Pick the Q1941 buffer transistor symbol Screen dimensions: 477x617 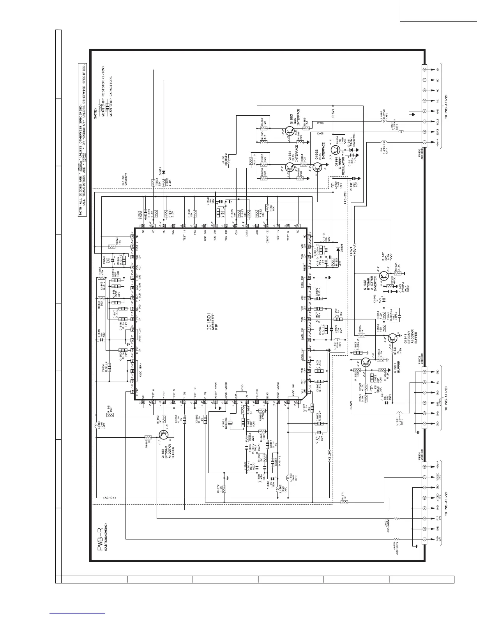pos(392,338)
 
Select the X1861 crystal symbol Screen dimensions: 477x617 pos(231,423)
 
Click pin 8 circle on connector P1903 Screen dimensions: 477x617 pos(424,70)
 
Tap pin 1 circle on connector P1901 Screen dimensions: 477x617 pos(424,539)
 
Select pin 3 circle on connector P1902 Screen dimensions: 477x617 pos(424,403)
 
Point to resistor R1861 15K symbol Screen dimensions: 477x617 pos(110,415)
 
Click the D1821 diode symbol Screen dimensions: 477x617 pos(164,171)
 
